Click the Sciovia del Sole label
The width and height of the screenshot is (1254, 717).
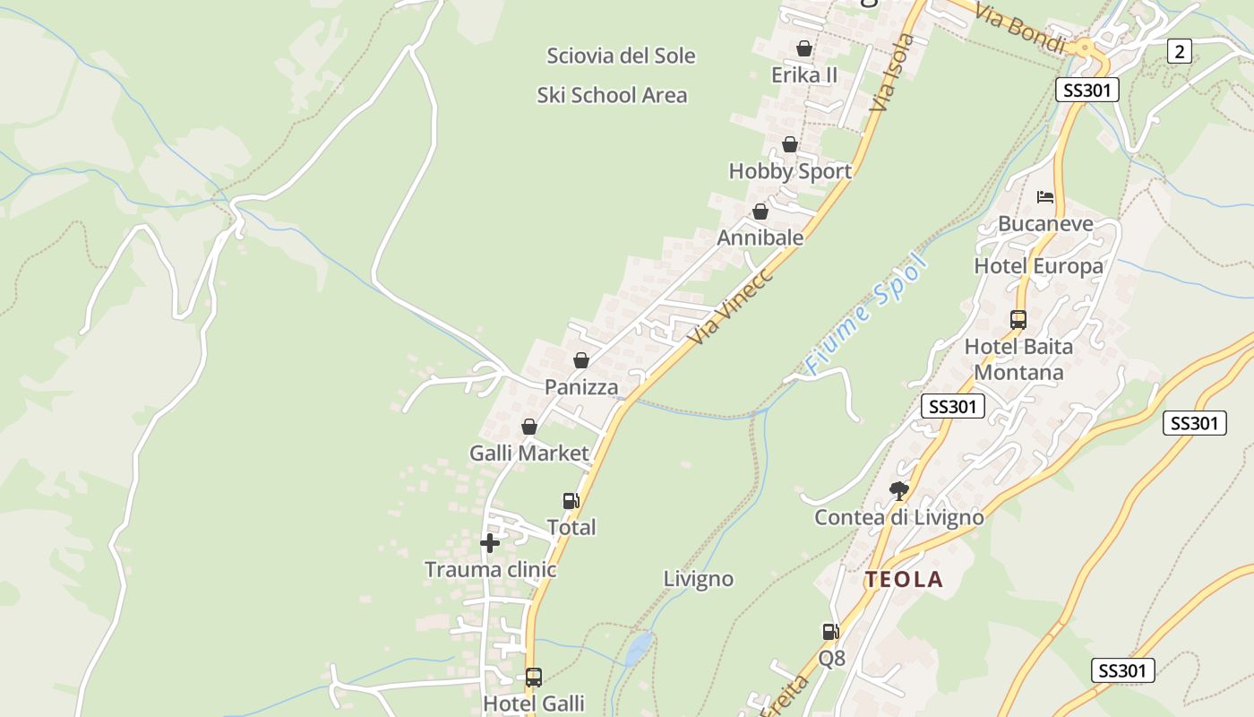pos(621,56)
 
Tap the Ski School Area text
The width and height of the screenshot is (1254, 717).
pos(612,95)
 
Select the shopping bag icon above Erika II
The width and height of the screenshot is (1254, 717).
pos(804,48)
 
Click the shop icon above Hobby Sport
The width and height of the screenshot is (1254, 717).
pos(790,144)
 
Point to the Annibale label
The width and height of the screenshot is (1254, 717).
pos(760,238)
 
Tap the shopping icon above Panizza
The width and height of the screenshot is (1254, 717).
pos(581,360)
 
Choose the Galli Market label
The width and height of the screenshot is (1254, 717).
pos(529,453)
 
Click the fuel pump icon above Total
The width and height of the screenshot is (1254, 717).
pos(571,501)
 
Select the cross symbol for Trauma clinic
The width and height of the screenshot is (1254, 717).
pos(490,542)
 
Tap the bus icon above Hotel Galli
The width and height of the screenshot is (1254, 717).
pos(534,677)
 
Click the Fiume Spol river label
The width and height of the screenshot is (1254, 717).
pos(864,314)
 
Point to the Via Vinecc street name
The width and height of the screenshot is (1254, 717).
pos(731,305)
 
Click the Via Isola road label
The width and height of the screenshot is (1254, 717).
pos(893,72)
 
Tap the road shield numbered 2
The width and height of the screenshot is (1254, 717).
pos(1180,52)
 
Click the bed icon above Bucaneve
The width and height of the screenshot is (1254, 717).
pos(1045,197)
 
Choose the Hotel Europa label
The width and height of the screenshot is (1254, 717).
pos(1038,266)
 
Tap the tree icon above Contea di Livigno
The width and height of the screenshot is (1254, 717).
pos(899,490)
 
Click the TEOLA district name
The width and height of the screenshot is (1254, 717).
pos(904,579)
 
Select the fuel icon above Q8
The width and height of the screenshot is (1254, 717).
pos(831,632)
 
